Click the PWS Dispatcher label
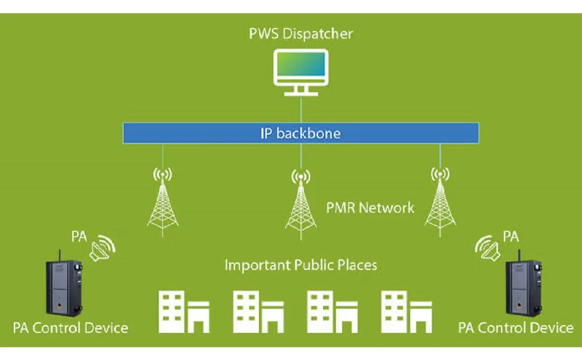(x=301, y=34)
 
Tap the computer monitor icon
(x=301, y=71)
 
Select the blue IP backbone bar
(x=301, y=133)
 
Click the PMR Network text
(x=371, y=207)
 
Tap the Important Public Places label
(x=301, y=265)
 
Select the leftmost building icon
(x=183, y=311)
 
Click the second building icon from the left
(x=258, y=311)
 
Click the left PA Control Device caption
(x=70, y=328)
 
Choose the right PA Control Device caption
(x=516, y=328)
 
